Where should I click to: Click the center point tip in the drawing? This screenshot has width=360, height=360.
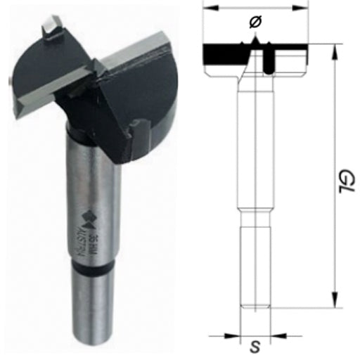pyautogui.click(x=255, y=43)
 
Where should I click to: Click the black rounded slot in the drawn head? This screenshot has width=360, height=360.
pyautogui.click(x=269, y=62)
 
